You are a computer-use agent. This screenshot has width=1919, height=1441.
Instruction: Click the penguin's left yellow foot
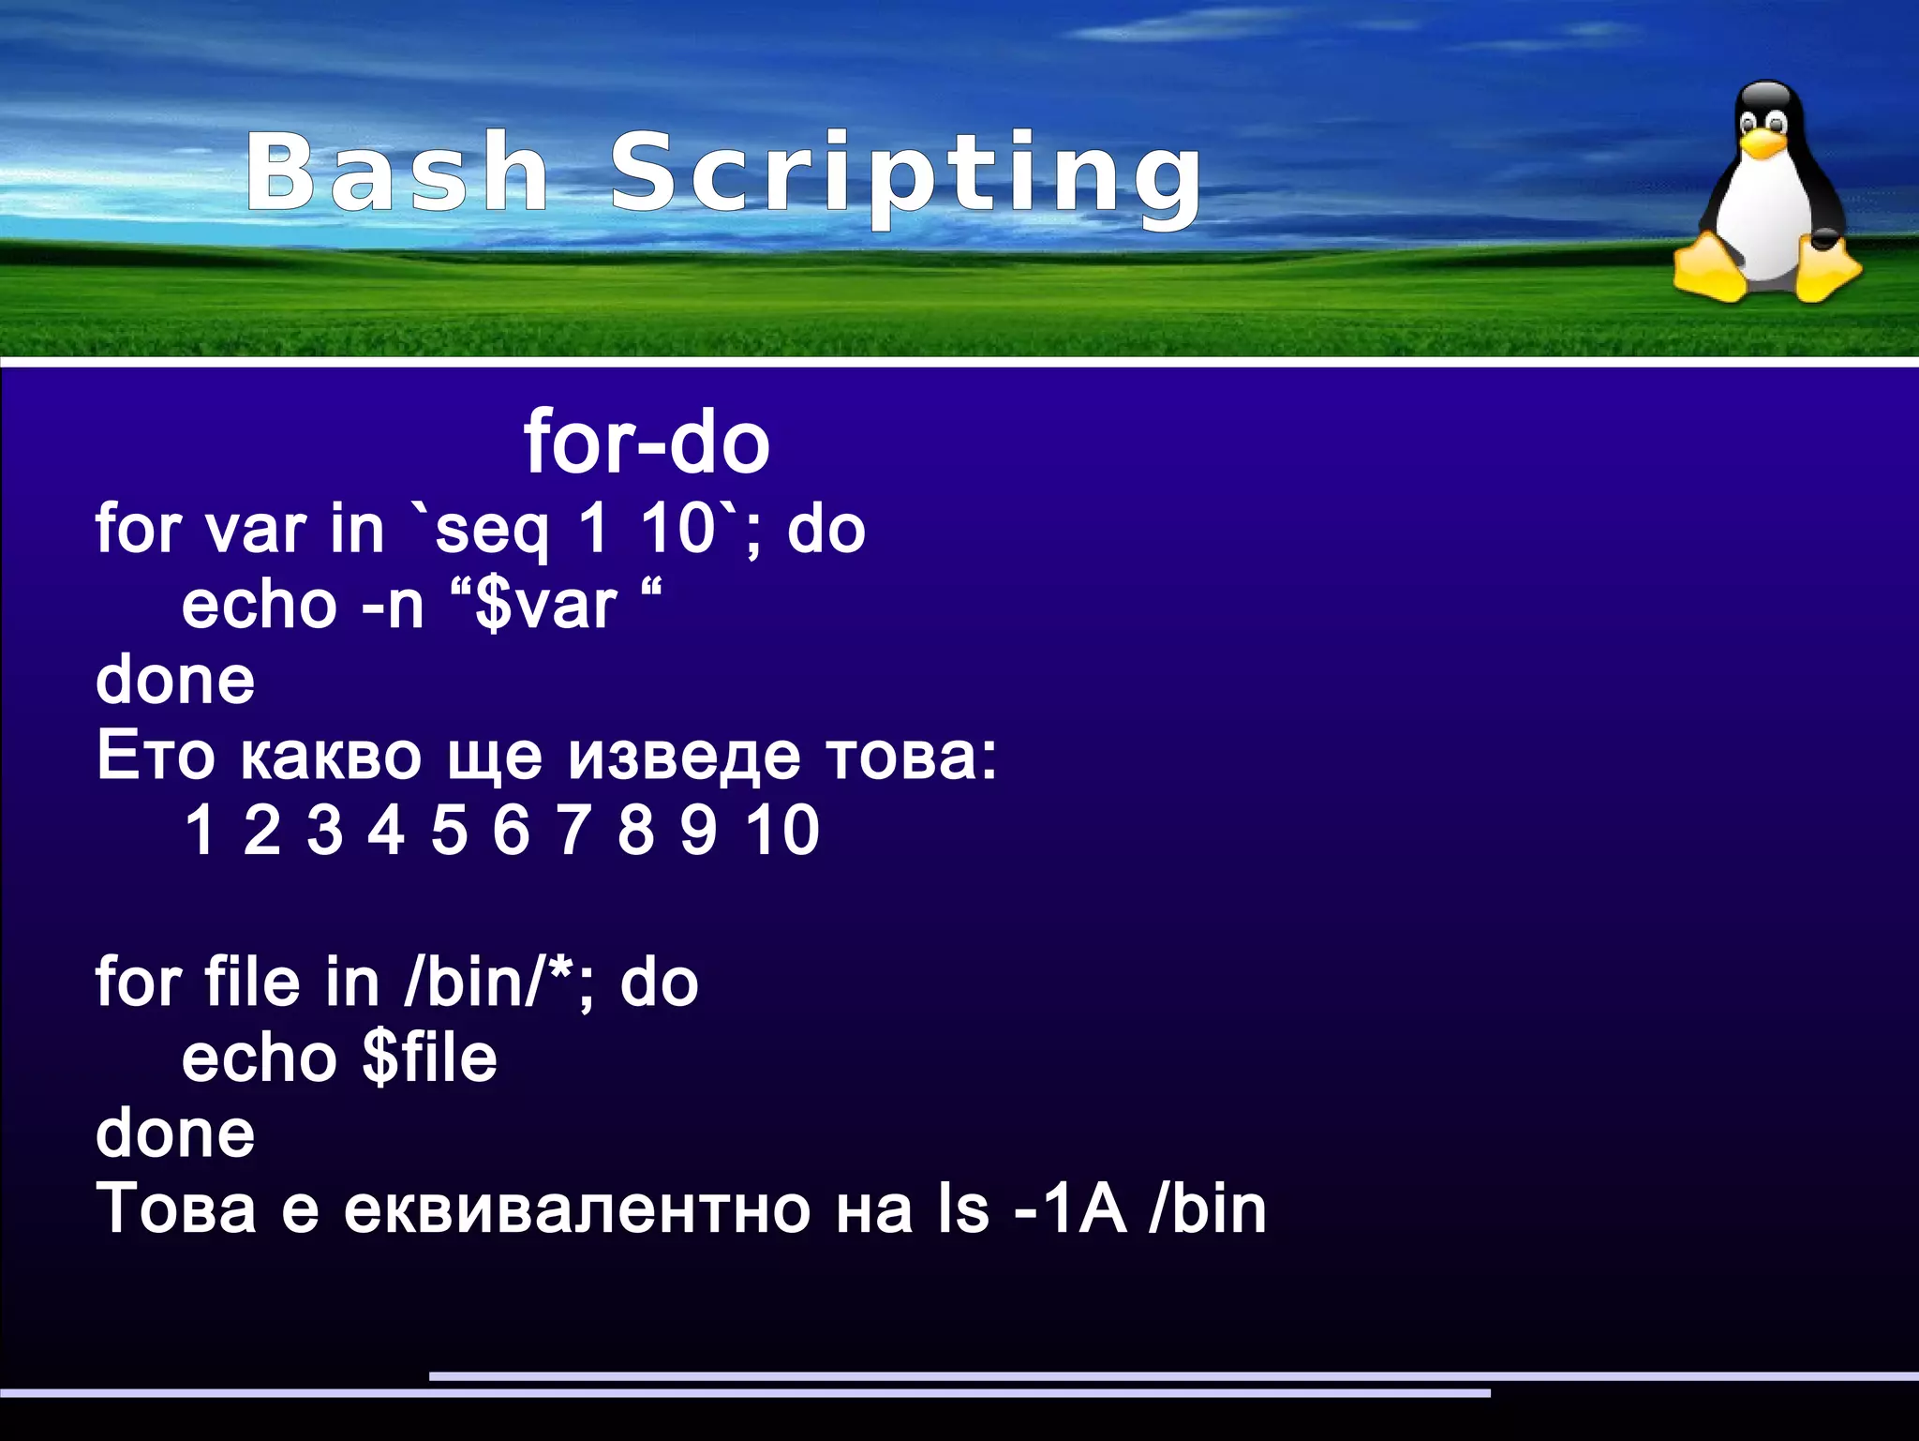point(1711,271)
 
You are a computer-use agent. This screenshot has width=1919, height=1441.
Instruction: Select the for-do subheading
point(647,443)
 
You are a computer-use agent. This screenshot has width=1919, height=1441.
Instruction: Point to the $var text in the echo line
point(545,606)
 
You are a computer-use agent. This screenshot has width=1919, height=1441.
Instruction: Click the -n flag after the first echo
point(393,606)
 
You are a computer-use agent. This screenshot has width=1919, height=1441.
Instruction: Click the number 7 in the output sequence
point(573,831)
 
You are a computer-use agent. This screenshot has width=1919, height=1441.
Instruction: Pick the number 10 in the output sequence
point(782,831)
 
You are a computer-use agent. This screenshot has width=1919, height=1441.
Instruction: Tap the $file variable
point(429,1058)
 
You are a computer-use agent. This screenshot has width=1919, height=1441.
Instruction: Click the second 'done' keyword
point(175,1133)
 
